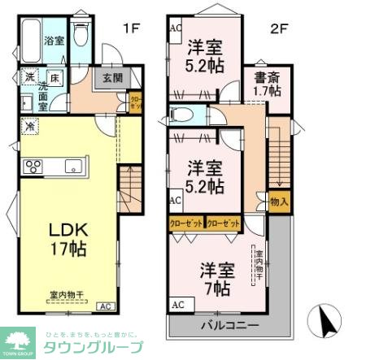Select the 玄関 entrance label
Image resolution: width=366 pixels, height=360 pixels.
[x=112, y=78]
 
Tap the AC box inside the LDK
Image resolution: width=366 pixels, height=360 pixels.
[x=106, y=306]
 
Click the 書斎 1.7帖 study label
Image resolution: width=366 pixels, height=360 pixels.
[x=268, y=85]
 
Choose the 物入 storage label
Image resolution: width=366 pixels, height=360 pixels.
[x=279, y=201]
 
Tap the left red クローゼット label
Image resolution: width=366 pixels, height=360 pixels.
[x=186, y=223]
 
